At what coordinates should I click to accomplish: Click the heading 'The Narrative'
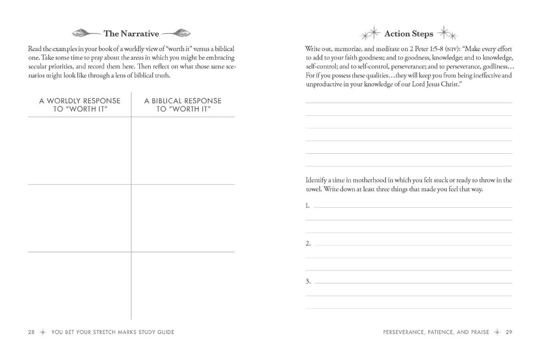(x=131, y=34)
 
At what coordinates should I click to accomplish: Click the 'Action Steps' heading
(x=409, y=34)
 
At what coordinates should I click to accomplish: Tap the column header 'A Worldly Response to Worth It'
(x=80, y=104)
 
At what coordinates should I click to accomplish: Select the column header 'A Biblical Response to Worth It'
(x=183, y=104)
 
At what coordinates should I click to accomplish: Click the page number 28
(x=31, y=332)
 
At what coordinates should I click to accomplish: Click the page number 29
(x=509, y=332)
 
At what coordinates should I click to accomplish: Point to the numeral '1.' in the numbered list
(x=308, y=206)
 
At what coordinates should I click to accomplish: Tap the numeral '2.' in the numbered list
(x=308, y=243)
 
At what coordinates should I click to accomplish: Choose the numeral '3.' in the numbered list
(x=308, y=281)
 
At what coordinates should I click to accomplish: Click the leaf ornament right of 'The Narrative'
(x=176, y=34)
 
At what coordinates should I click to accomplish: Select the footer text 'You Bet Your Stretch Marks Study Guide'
(x=113, y=332)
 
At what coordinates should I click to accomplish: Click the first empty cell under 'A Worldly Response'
(x=80, y=150)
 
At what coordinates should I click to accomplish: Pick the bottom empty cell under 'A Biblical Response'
(x=183, y=285)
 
